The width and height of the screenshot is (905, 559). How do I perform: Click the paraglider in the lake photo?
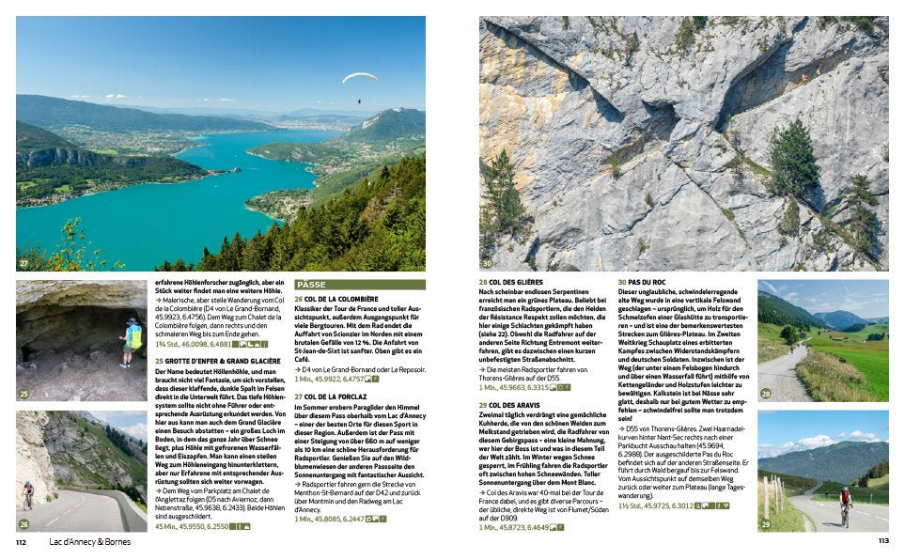360,78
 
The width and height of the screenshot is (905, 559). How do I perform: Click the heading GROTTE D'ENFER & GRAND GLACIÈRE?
217,360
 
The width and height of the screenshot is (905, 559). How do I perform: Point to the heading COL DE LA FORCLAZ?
335,396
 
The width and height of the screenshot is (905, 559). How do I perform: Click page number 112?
23,542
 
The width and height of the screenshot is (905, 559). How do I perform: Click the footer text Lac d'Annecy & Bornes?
91,542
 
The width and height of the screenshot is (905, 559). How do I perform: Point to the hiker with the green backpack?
133,340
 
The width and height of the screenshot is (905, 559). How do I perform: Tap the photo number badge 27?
23,263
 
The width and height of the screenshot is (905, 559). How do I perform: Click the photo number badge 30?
487,263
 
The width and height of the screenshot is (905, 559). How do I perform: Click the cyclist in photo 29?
845,502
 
